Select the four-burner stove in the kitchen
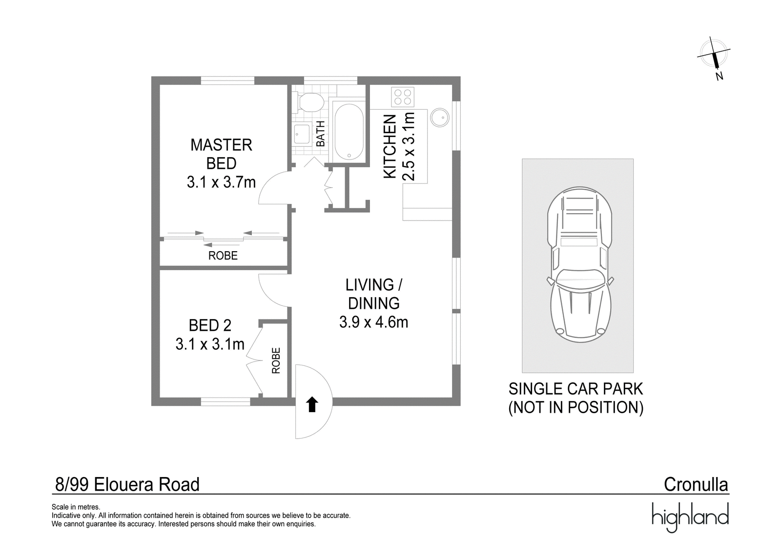tap(403, 97)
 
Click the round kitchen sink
tap(440, 118)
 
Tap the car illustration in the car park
tap(580, 265)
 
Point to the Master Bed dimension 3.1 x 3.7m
tap(222, 182)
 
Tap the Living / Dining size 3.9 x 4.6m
tap(374, 322)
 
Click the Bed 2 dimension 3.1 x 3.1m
tap(210, 344)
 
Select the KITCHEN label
tap(390, 147)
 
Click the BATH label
tap(320, 134)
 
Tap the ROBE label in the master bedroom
tap(223, 256)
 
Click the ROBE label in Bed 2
tap(276, 360)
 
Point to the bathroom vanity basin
tap(302, 134)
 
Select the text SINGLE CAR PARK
tap(575, 389)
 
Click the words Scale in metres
tap(76, 507)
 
